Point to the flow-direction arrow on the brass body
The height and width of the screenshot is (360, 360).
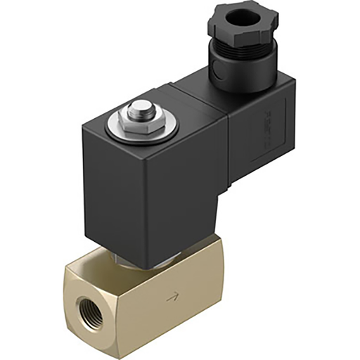171,298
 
